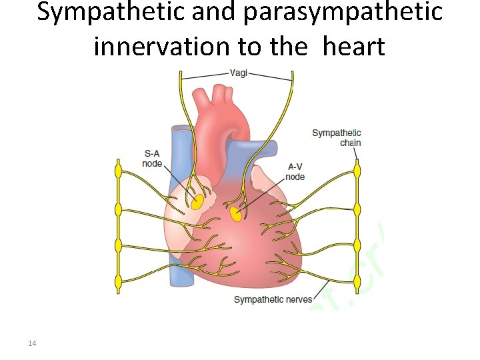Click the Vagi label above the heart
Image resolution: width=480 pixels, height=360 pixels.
point(239,73)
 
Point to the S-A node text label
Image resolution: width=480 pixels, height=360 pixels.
point(152,158)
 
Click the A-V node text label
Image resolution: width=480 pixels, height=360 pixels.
point(295,171)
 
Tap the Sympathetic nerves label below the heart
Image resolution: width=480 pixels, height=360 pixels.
point(273,299)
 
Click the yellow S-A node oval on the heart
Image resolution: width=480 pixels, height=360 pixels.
point(197,203)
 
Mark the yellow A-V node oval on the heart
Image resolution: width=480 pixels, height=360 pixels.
point(235,215)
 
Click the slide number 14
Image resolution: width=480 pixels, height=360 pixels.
point(32,343)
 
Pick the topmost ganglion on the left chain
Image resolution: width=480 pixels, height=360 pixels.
point(119,171)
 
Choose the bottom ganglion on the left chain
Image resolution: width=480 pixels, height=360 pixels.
point(119,282)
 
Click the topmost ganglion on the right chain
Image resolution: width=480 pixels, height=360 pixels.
point(357,171)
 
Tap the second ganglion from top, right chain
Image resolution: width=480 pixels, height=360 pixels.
point(357,209)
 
